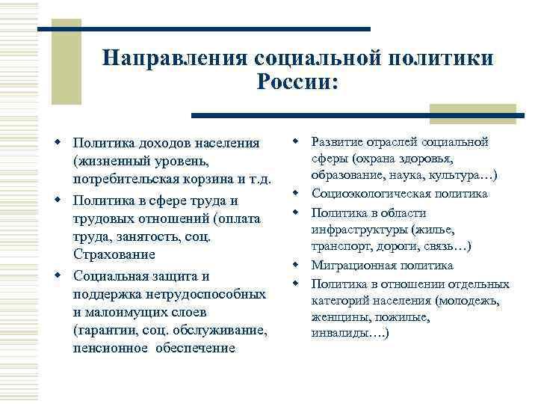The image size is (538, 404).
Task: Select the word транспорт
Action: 336,247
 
